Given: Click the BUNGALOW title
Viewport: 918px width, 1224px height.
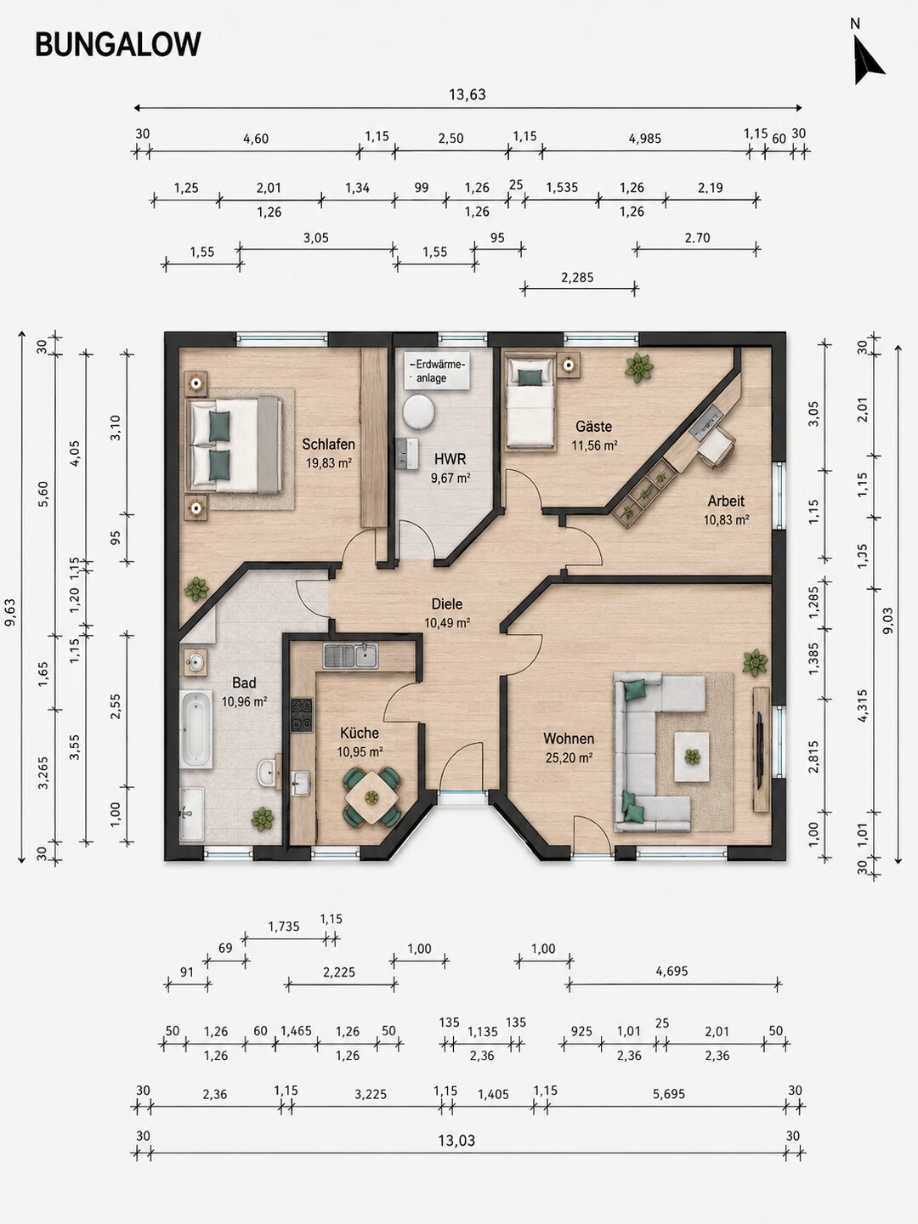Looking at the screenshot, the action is (118, 44).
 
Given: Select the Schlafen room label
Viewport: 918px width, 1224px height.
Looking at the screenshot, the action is (328, 444).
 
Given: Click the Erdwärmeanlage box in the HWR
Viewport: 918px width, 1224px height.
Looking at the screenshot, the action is (436, 371).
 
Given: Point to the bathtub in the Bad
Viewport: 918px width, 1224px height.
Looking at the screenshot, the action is (195, 728).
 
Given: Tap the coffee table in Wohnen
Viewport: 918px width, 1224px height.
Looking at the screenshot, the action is (692, 756).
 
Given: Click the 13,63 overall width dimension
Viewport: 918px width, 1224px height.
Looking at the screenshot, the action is (467, 94).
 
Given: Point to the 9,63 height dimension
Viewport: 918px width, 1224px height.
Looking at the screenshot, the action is (10, 612).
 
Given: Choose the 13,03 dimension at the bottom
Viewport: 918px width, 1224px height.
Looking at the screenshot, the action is (456, 1140).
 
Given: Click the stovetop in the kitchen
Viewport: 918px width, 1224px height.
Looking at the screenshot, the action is (302, 715).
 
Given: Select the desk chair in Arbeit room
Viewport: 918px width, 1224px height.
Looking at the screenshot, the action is (717, 446).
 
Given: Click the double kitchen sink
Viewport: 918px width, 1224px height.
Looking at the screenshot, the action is (350, 655).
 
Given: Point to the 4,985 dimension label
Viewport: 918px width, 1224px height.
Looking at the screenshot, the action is (645, 139).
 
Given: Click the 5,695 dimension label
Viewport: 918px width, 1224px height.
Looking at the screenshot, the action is (668, 1093).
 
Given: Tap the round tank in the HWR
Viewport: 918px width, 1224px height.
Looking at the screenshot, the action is (418, 412).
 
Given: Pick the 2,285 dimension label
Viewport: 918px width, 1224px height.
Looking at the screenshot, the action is (577, 277).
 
